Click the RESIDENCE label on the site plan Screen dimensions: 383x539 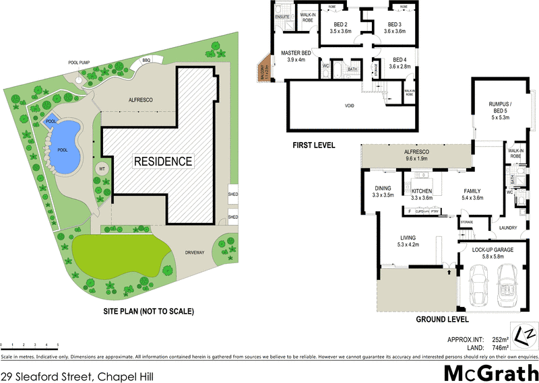pyautogui.click(x=163, y=162)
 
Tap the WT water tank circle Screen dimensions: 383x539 pyautogui.click(x=102, y=168)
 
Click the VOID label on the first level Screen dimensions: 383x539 pyautogui.click(x=349, y=105)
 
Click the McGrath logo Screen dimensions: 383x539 pyautogui.click(x=490, y=372)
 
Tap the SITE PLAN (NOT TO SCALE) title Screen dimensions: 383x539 pyautogui.click(x=148, y=311)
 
